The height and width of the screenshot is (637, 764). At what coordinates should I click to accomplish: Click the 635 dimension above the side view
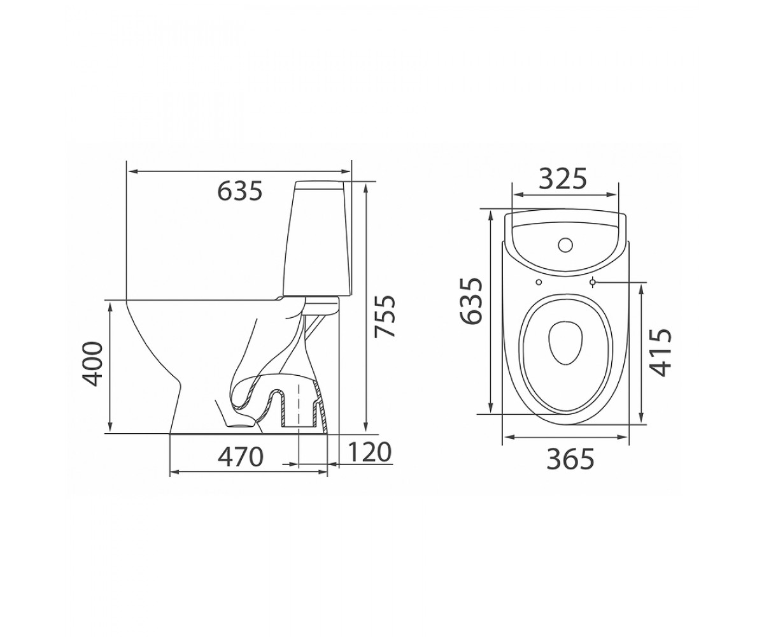click(239, 191)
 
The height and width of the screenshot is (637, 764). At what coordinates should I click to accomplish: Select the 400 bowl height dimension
click(91, 364)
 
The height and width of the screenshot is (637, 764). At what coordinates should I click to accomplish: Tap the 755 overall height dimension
click(385, 317)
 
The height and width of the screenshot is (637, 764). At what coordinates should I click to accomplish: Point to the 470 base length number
click(240, 457)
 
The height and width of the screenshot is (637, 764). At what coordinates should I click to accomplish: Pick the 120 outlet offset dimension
click(369, 452)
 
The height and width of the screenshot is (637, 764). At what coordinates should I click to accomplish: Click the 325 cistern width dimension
click(563, 179)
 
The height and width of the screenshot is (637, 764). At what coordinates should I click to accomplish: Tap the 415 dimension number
click(661, 353)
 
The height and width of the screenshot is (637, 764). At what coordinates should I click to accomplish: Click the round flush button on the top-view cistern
click(565, 245)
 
